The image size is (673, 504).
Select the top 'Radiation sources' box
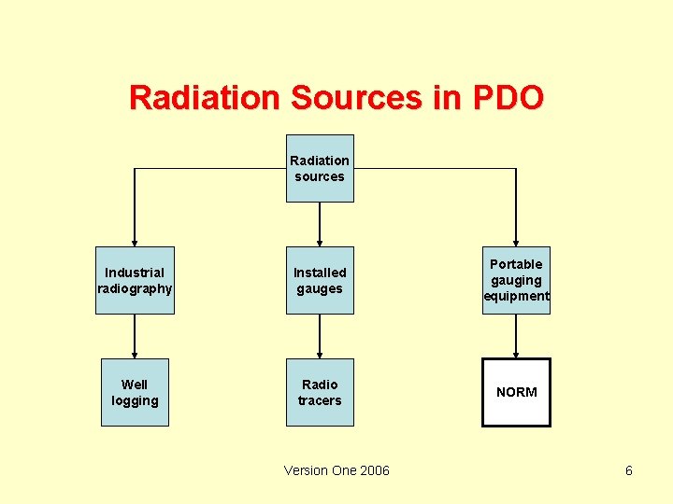click(320, 169)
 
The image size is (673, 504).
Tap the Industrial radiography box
click(135, 281)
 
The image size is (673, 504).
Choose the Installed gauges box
click(320, 281)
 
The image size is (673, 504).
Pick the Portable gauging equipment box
click(516, 281)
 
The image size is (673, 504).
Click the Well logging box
click(135, 393)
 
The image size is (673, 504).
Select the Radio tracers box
click(320, 393)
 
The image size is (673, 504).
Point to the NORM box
click(516, 393)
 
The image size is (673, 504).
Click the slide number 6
click(629, 470)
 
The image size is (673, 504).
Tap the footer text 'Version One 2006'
click(336, 470)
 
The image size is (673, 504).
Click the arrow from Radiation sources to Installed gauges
click(320, 224)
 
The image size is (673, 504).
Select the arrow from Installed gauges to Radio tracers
click(320, 336)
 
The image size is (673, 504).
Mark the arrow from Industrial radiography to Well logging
click(135, 336)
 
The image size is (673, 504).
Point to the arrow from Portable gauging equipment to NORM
click(516, 336)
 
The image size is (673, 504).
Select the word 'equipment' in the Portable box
click(516, 297)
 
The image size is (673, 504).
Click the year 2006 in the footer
click(374, 470)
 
